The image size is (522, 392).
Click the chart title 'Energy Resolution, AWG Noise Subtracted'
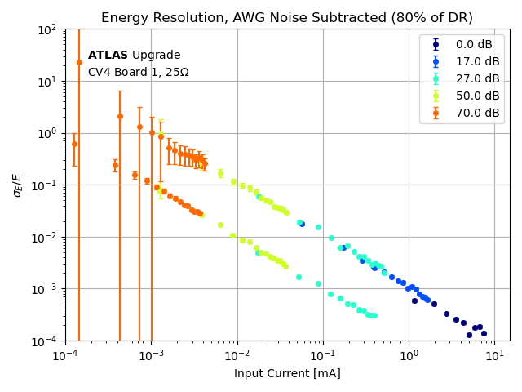coord(287,18)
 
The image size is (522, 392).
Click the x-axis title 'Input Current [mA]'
coord(287,373)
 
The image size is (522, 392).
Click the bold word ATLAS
coord(108,56)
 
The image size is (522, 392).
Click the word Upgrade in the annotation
coord(156,56)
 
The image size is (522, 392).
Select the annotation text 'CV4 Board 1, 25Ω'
coord(138,73)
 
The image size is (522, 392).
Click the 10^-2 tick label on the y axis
coord(46,237)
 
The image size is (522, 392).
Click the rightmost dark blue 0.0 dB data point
coord(484,333)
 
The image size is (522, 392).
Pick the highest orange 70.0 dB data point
coord(79,62)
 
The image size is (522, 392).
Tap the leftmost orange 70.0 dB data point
coord(74,144)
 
